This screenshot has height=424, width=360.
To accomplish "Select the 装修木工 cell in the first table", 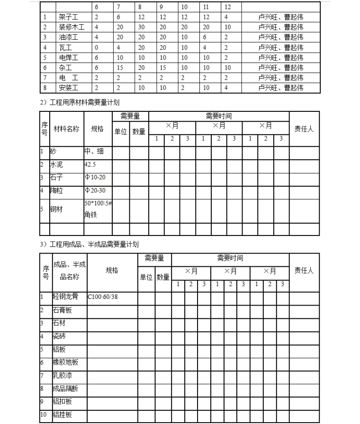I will point(72,27).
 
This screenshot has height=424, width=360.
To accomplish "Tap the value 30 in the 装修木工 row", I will point(142,27).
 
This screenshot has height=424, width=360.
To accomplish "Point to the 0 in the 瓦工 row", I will point(97,47).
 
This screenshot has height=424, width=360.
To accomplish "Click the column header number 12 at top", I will point(227,7).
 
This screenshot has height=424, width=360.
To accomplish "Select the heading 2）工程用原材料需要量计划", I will point(80,102).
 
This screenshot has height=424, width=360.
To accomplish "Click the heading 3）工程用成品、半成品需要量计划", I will point(89,244).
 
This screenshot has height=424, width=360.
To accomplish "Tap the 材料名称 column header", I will point(66,129).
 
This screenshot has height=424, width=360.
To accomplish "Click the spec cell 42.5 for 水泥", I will point(90,165).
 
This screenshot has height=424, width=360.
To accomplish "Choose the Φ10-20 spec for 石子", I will point(95,177).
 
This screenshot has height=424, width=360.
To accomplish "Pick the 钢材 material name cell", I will point(56,209).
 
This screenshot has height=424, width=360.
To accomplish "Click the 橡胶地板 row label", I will point(65,363).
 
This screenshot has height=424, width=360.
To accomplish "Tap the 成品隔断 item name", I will point(65,389).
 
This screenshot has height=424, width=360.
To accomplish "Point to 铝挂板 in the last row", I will point(62,415).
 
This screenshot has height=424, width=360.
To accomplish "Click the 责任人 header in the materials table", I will point(304,129).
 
